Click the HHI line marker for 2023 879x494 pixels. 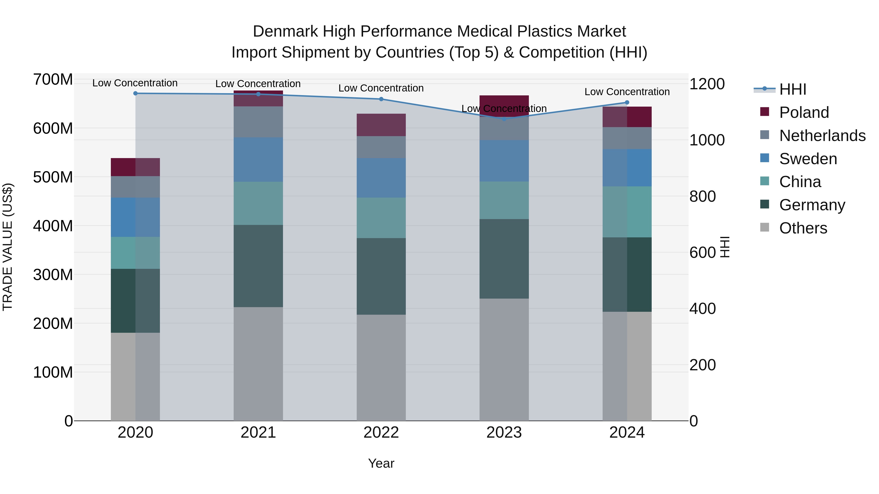(504, 119)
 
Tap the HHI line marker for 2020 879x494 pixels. (136, 93)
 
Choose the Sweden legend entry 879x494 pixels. (808, 159)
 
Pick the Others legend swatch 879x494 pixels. (765, 227)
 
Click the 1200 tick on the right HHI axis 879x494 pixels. (707, 84)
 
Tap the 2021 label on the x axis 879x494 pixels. (258, 433)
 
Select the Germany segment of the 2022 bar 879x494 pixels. (381, 276)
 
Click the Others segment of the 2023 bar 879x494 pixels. (504, 360)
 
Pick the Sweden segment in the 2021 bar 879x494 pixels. (258, 160)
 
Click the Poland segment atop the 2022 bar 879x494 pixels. (381, 125)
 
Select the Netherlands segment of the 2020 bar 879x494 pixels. (136, 187)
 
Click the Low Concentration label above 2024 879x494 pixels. (627, 92)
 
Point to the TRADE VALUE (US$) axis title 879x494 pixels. (8, 247)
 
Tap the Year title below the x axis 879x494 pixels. (381, 463)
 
